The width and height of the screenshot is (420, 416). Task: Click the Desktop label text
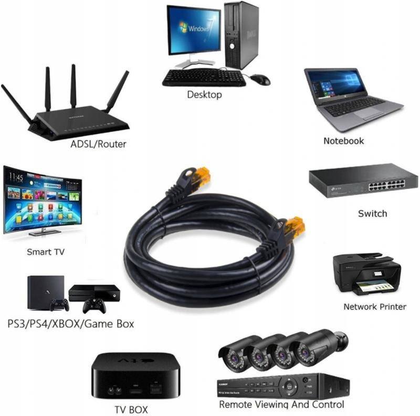pos(204,95)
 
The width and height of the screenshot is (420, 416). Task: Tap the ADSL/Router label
pos(98,144)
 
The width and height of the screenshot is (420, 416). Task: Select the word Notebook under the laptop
pos(343,141)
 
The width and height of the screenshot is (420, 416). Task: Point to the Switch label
pos(372,213)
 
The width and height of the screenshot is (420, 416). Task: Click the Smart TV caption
pos(46,252)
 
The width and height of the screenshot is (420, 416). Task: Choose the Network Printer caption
pos(374,306)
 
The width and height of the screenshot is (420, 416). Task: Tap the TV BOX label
pos(131,409)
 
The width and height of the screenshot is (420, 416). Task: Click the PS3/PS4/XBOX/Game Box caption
pos(70,324)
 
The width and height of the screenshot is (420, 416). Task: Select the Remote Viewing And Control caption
pos(281,404)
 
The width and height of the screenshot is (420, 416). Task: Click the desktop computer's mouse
pos(260,79)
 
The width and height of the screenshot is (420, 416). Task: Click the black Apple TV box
pos(135,376)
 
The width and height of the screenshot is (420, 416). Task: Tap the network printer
pos(366,274)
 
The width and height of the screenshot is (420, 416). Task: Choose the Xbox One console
pos(94,293)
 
